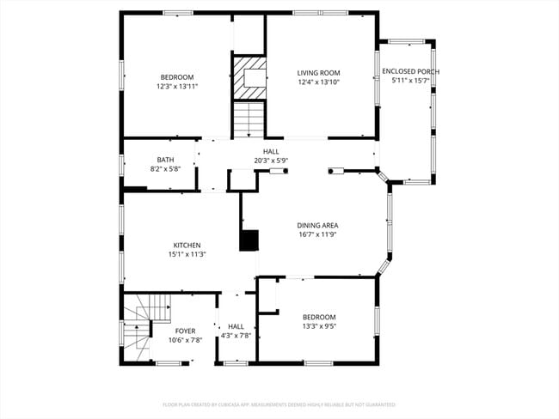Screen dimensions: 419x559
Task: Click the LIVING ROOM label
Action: click(319, 73)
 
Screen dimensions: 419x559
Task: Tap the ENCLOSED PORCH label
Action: click(410, 71)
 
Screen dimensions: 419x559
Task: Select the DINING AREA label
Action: click(317, 225)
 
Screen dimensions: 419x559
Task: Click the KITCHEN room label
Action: click(187, 245)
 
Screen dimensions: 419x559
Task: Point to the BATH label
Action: click(165, 160)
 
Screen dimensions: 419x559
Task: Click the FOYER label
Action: click(185, 331)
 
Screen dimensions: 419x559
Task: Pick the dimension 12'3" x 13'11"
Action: click(177, 86)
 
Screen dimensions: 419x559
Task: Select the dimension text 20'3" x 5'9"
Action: click(270, 161)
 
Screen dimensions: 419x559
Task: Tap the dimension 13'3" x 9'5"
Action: click(318, 326)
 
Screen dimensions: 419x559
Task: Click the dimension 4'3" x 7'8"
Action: click(236, 336)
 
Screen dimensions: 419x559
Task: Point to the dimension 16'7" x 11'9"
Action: click(317, 234)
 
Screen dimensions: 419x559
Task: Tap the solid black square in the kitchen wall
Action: click(249, 240)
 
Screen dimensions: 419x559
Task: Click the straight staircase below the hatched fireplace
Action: click(248, 119)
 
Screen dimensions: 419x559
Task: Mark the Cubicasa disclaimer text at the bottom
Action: click(279, 404)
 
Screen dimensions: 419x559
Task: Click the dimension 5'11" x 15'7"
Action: click(410, 81)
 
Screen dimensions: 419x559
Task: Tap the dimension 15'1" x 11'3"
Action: click(187, 254)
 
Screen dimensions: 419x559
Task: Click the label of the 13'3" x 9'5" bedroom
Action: click(318, 317)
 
